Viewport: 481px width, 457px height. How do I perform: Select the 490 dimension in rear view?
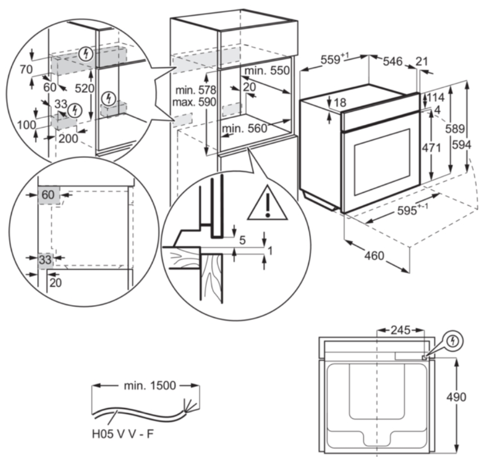456,397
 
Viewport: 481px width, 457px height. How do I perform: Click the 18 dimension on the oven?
339,103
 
